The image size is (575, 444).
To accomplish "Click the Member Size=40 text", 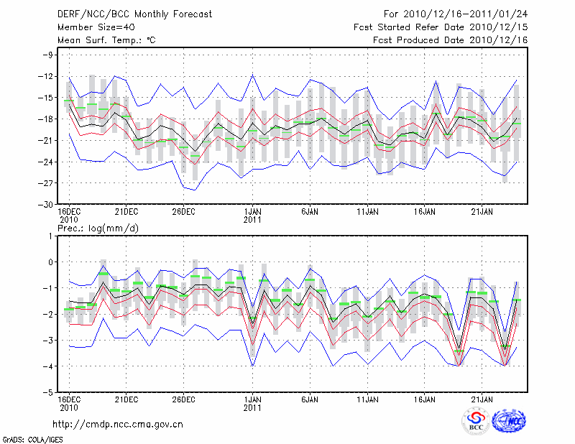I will pyautogui.click(x=92, y=27).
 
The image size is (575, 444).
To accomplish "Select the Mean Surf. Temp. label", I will pyautogui.click(x=106, y=40).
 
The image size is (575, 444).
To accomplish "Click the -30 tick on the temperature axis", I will pyautogui.click(x=47, y=205).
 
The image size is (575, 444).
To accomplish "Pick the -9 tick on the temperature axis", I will pyautogui.click(x=50, y=55).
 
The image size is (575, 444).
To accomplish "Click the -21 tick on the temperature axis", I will pyautogui.click(x=47, y=141).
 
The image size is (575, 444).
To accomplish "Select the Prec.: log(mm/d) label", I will pyautogui.click(x=98, y=228).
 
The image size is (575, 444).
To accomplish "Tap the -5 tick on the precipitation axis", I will pyautogui.click(x=50, y=393).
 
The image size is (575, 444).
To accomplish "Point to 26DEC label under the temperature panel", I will pyautogui.click(x=184, y=211).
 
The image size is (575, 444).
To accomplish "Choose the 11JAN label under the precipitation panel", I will pyautogui.click(x=368, y=399).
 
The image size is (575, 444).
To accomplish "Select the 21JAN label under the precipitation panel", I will pyautogui.click(x=482, y=399).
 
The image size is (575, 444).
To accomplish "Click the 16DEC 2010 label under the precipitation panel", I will pyautogui.click(x=69, y=403).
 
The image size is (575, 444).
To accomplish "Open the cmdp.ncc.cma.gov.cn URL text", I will pyautogui.click(x=118, y=425).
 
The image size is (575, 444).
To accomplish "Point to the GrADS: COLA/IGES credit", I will pyautogui.click(x=24, y=438).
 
